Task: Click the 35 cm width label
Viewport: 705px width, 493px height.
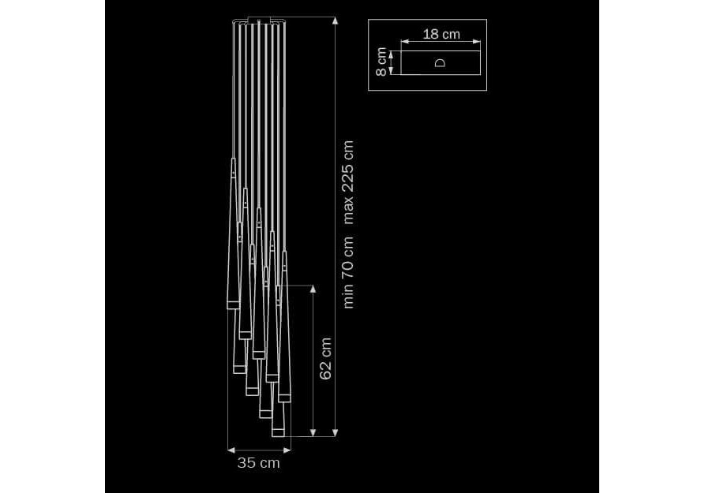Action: pos(258,463)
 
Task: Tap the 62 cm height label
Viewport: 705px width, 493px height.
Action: pos(325,359)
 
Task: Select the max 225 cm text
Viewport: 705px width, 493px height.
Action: pos(348,182)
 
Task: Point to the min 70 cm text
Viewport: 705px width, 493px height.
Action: pos(348,273)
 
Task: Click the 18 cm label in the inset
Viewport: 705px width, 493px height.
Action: pos(441,34)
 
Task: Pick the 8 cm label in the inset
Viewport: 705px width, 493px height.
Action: pos(381,62)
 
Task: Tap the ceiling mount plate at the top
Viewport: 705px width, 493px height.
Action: pos(258,21)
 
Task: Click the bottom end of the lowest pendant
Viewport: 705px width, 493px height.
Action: pos(278,436)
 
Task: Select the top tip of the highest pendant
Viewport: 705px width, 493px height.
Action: pos(233,159)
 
